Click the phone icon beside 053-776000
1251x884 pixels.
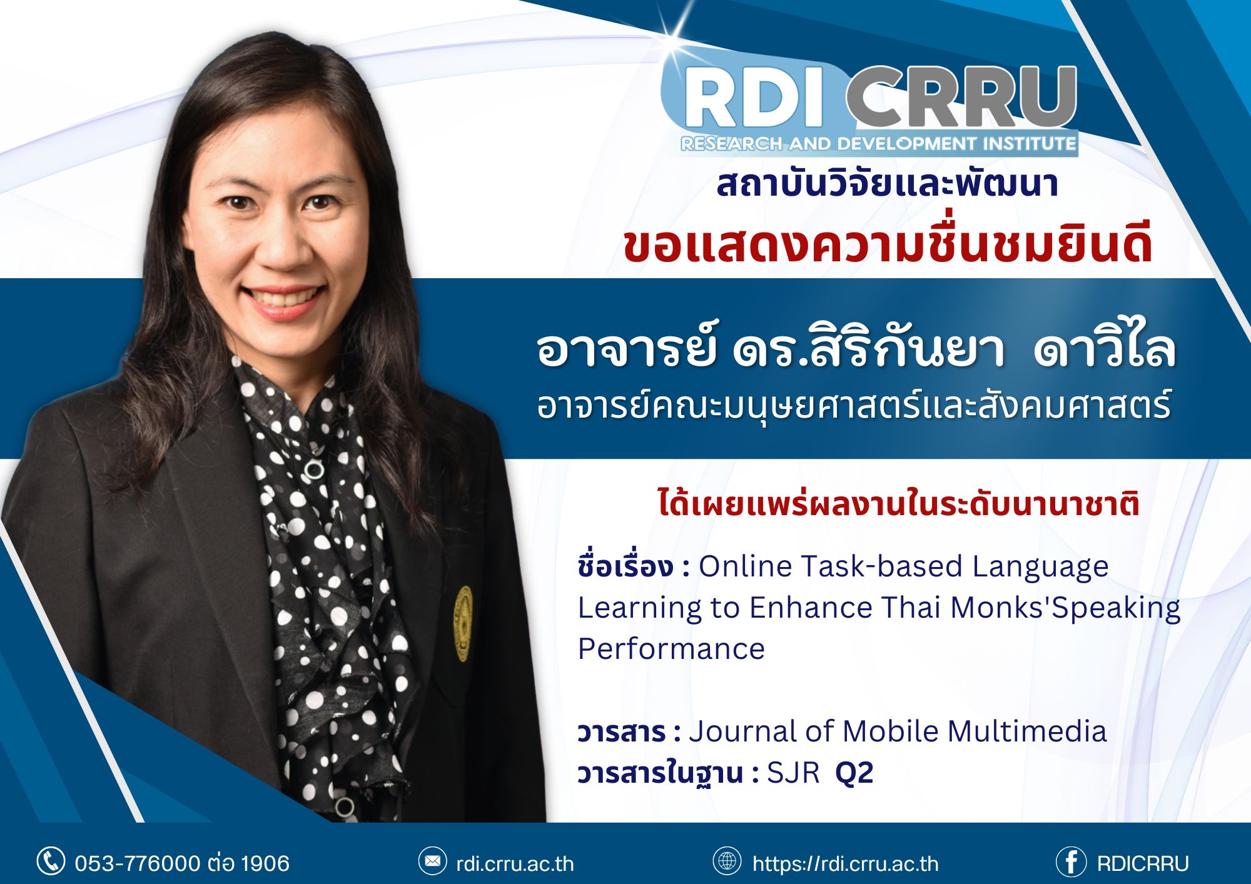pyautogui.click(x=51, y=861)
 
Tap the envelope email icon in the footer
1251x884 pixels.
pyautogui.click(x=432, y=861)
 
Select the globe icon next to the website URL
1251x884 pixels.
pyautogui.click(x=727, y=861)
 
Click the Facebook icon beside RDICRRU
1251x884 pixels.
pyautogui.click(x=1071, y=862)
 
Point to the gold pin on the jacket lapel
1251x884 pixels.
pyautogui.click(x=463, y=623)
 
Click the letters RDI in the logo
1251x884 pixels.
pyautogui.click(x=754, y=99)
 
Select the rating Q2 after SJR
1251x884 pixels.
pyautogui.click(x=854, y=774)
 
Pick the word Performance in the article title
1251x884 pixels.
pyautogui.click(x=671, y=649)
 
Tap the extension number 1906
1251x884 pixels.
pyautogui.click(x=265, y=863)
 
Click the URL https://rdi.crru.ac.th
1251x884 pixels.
pyautogui.click(x=846, y=863)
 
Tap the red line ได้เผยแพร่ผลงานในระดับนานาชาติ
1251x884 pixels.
pyautogui.click(x=899, y=504)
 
